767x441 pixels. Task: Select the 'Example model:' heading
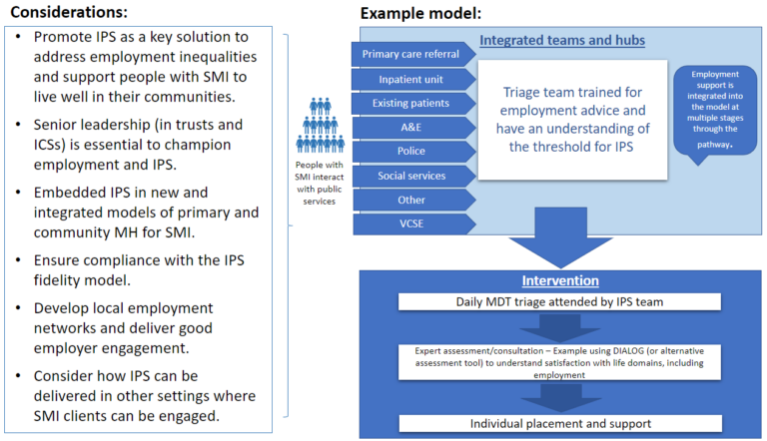click(x=420, y=14)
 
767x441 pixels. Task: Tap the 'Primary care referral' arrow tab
click(x=410, y=55)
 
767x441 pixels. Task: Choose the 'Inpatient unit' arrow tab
click(x=410, y=79)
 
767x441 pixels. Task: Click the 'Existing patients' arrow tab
click(x=410, y=103)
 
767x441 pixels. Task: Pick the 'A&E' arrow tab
click(x=410, y=127)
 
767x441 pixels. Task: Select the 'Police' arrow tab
click(x=410, y=151)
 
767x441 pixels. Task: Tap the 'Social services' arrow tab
click(x=410, y=176)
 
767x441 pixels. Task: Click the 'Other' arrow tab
click(x=410, y=200)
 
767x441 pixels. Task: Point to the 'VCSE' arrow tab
click(x=410, y=223)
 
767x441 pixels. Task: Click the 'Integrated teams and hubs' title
click(x=562, y=41)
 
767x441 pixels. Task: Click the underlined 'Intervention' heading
click(x=560, y=281)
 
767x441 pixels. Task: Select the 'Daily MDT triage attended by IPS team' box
click(x=560, y=301)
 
